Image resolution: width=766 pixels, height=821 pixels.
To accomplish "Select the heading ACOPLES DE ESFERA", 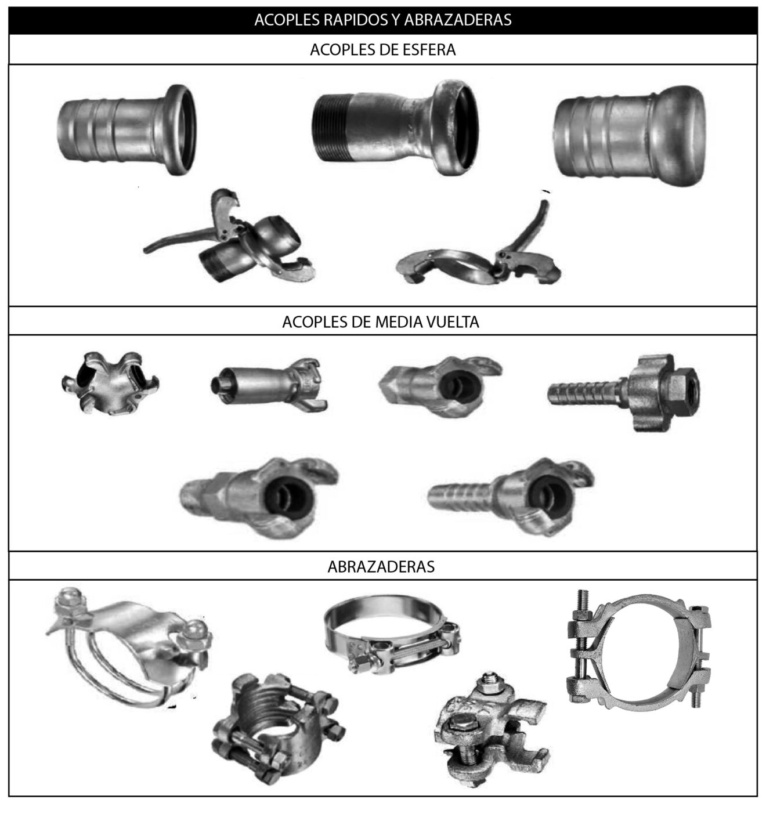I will (382, 50).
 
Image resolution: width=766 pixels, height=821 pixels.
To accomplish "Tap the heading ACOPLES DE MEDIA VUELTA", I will (380, 322).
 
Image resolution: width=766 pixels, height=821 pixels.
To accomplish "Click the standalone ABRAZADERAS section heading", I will (381, 566).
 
